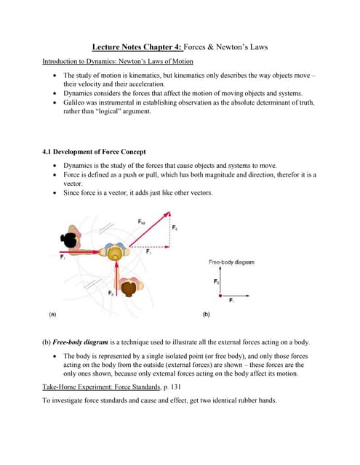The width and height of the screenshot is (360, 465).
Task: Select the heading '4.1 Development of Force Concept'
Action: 95,152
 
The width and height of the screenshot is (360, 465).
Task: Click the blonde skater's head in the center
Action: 114,254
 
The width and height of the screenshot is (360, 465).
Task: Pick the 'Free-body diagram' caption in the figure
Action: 231,262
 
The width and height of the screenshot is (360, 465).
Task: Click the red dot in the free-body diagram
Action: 220,296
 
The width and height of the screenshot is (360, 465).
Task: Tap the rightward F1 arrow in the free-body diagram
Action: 233,296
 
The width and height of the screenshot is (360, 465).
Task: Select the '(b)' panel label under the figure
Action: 207,315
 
